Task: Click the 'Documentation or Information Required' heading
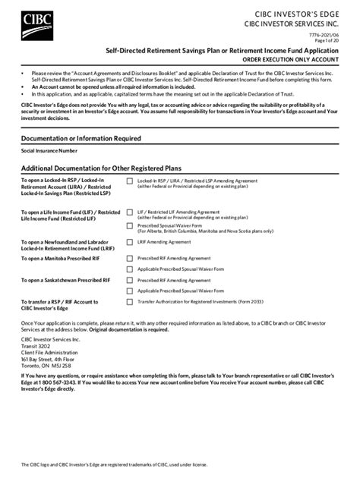[81, 139]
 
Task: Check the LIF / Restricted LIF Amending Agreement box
[129, 212]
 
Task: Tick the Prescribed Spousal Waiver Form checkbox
[129, 225]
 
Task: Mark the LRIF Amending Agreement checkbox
[129, 242]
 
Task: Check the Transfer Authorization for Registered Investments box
[129, 301]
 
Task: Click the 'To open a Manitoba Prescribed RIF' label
[59, 258]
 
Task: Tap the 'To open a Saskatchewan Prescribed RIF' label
[64, 279]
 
